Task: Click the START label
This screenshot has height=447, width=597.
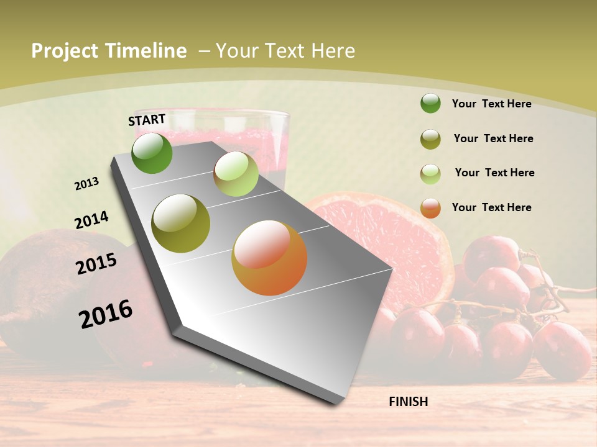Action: pyautogui.click(x=147, y=120)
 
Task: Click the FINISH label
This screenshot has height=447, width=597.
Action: pyautogui.click(x=408, y=402)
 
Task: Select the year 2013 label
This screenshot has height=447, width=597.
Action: pyautogui.click(x=86, y=184)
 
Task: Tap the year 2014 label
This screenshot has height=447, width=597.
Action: pyautogui.click(x=91, y=220)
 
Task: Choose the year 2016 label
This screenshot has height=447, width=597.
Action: pyautogui.click(x=106, y=314)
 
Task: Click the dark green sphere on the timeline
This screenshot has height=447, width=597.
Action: pyautogui.click(x=152, y=153)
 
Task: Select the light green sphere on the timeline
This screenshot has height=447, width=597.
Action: pyautogui.click(x=236, y=174)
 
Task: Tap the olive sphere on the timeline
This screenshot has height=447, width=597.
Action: pyautogui.click(x=180, y=223)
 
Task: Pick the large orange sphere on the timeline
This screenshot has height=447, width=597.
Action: pyautogui.click(x=269, y=258)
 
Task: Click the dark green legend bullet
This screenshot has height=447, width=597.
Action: pyautogui.click(x=430, y=103)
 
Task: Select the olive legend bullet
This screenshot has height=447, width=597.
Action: pyautogui.click(x=430, y=139)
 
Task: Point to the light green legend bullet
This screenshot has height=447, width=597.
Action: pyautogui.click(x=430, y=174)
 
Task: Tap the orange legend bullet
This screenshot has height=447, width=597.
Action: pyautogui.click(x=430, y=208)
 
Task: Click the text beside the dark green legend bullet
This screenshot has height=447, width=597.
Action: pyautogui.click(x=491, y=104)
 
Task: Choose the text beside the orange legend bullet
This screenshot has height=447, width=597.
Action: pyautogui.click(x=491, y=207)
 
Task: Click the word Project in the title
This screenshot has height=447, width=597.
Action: pyautogui.click(x=64, y=51)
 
